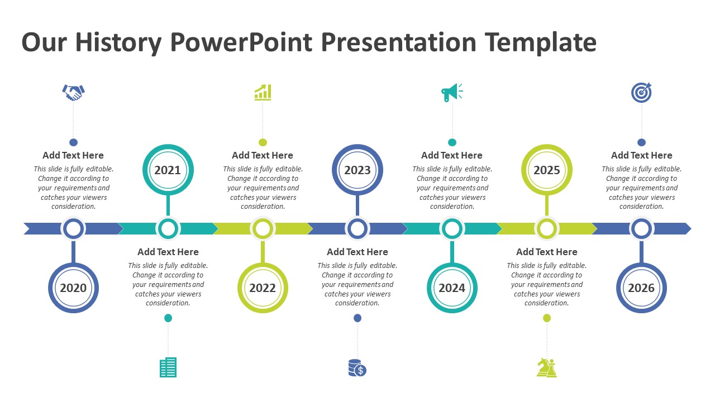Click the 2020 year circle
point(73,288)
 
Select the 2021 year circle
point(168,170)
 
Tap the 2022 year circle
point(263,288)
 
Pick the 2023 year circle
point(357,170)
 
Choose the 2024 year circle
point(452,288)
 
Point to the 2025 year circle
point(546,170)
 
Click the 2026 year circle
point(641,288)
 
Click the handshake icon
point(73,92)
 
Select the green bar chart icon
point(263,92)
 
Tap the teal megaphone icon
point(451,92)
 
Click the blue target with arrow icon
point(641,92)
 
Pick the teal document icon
point(168,367)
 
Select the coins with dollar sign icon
point(357,367)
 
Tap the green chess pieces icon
point(546,367)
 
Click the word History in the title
point(117,42)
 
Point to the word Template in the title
point(540,42)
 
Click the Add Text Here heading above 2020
point(73,155)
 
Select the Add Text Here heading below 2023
point(357,252)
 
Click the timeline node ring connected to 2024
point(452,228)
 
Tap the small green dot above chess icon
point(547,318)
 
